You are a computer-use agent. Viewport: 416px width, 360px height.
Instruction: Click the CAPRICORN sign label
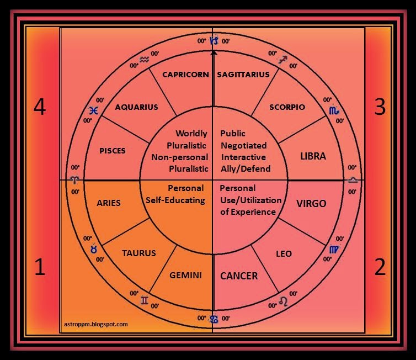(x=185, y=75)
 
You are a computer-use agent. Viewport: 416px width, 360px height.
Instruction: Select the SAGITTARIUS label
(x=243, y=75)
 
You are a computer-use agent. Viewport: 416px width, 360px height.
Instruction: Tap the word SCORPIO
(x=287, y=107)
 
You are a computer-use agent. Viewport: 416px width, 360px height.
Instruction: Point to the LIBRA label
(x=313, y=156)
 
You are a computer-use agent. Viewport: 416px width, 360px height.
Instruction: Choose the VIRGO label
(x=312, y=203)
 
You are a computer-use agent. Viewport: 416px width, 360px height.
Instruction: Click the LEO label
(x=284, y=254)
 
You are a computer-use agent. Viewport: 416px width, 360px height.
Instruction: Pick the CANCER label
(x=239, y=276)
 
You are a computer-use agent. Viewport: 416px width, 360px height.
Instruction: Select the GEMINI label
(x=185, y=275)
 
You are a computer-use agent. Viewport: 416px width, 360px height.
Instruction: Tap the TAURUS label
(x=138, y=253)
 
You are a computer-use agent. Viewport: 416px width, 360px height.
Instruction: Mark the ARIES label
(x=108, y=203)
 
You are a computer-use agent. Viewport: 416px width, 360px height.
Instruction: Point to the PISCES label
(x=112, y=151)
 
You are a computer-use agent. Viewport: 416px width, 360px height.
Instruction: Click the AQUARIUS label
(x=136, y=107)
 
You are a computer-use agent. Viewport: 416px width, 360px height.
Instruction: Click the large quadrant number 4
(x=39, y=107)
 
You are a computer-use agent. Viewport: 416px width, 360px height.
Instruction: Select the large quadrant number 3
(x=380, y=107)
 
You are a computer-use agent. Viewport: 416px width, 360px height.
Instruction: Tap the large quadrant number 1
(x=39, y=268)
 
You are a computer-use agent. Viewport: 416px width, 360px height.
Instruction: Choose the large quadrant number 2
(x=380, y=268)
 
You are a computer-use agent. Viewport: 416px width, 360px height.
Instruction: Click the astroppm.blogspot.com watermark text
(x=93, y=324)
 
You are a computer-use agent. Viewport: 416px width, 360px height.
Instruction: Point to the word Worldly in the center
(x=191, y=134)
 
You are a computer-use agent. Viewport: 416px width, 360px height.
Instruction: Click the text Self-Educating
(x=175, y=200)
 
